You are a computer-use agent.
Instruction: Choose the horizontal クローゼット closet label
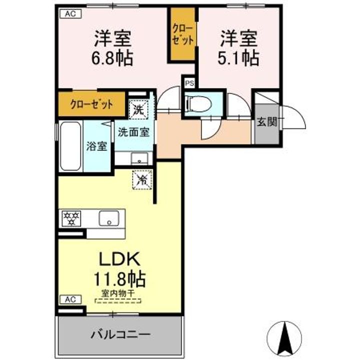pos(91,104)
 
